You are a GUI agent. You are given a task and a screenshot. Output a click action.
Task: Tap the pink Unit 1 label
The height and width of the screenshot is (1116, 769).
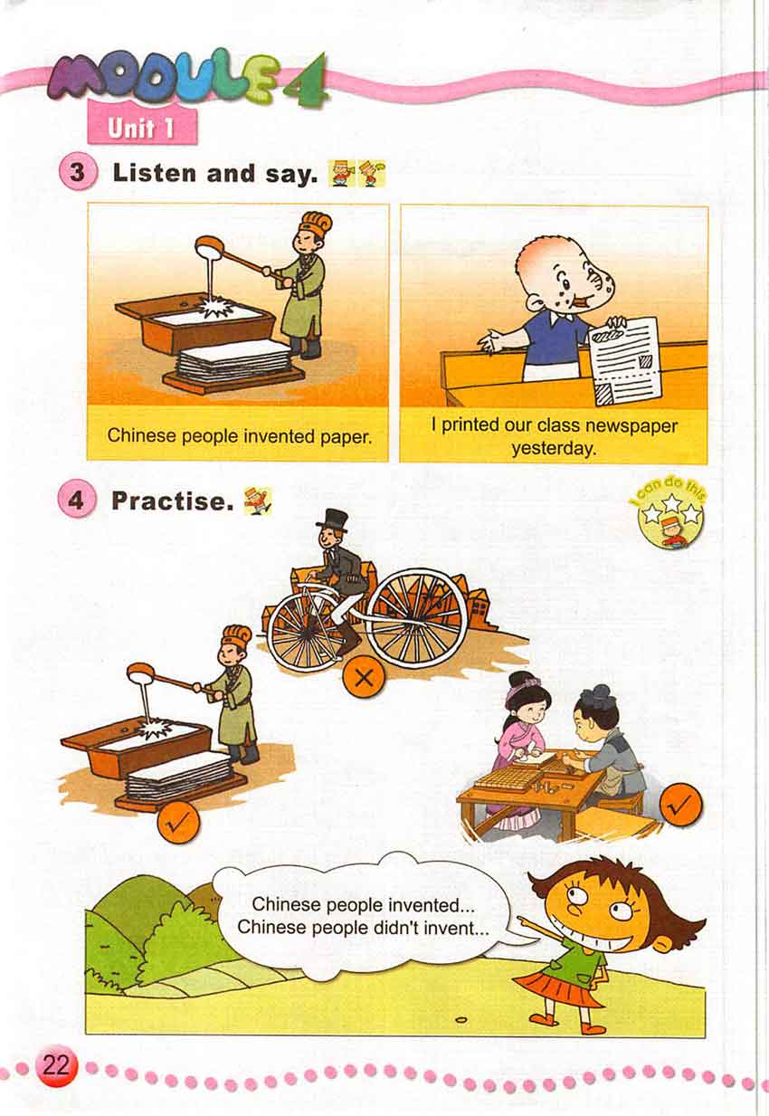(x=142, y=128)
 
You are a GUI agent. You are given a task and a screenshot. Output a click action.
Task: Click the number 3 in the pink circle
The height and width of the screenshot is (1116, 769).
(x=77, y=173)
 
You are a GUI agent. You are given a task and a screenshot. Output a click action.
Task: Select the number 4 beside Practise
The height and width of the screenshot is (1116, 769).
(x=75, y=500)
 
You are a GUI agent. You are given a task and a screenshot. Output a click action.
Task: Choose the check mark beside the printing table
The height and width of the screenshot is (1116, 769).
(x=681, y=805)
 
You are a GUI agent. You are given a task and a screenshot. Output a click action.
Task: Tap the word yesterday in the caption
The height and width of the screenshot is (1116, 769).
(x=554, y=448)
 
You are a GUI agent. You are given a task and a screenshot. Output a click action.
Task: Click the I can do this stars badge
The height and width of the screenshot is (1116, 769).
(x=670, y=516)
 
